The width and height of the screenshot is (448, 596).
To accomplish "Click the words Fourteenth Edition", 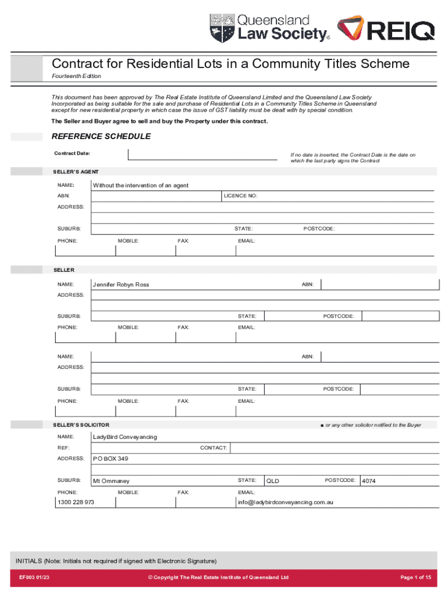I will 76,76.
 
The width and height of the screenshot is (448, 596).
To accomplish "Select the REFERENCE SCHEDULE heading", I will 101,136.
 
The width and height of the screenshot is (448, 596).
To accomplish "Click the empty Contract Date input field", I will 206,154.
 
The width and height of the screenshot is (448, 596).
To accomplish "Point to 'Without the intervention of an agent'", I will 141,185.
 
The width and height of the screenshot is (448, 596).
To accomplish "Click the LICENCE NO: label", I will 240,196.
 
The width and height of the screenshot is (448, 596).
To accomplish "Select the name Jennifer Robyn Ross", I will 121,285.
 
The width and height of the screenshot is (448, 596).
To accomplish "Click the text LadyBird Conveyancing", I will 125,437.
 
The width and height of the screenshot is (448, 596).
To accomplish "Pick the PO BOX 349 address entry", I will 111,459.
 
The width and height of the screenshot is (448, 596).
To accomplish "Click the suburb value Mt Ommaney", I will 111,481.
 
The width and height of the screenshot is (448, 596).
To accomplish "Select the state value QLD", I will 273,481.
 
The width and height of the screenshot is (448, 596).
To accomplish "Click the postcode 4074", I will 369,481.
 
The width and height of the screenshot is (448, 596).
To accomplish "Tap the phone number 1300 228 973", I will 76,502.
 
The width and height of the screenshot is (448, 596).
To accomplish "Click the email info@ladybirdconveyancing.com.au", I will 285,502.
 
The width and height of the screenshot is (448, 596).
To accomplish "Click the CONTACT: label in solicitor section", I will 213,448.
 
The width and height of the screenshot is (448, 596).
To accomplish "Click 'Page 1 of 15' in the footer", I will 415,577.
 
